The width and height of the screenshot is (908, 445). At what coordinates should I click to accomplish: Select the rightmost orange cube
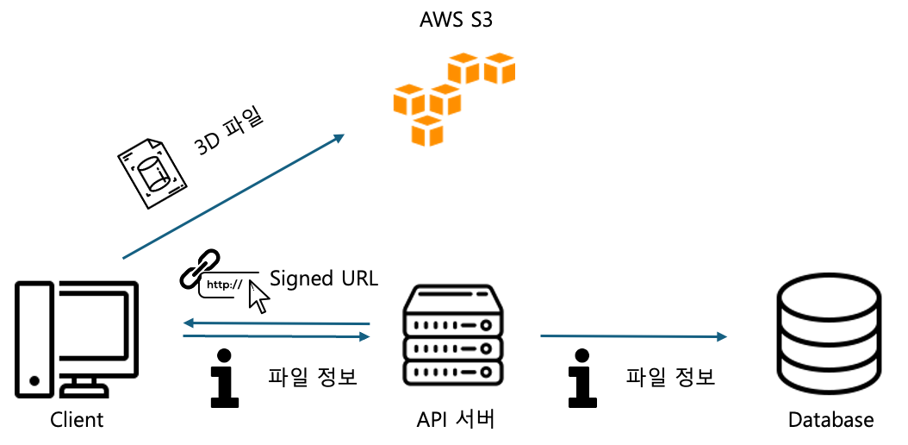click(x=499, y=70)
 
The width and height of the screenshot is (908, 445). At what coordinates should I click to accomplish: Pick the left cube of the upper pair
click(x=463, y=70)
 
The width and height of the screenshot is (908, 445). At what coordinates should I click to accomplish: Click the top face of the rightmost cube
click(x=499, y=58)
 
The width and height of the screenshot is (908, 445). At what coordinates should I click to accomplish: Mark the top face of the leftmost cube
click(x=408, y=89)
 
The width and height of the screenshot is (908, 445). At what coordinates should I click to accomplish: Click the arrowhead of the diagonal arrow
click(x=340, y=136)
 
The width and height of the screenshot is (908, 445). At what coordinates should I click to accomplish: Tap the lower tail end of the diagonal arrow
click(x=124, y=258)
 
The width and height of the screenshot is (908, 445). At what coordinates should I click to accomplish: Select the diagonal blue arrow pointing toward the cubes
click(x=233, y=197)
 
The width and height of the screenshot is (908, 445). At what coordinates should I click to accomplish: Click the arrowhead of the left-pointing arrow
click(x=187, y=323)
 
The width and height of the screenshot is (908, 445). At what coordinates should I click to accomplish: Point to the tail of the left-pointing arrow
click(x=369, y=324)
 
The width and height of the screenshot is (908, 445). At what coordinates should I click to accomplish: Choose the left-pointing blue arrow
click(x=276, y=323)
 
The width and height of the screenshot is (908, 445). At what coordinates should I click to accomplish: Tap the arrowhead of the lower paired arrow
click(x=365, y=336)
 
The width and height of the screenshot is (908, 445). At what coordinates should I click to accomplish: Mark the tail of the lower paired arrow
click(x=184, y=335)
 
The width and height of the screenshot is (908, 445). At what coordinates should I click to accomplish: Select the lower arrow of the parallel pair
click(x=276, y=335)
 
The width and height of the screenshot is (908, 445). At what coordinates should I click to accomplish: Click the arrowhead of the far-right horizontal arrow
click(x=723, y=336)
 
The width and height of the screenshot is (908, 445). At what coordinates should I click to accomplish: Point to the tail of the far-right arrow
click(x=542, y=335)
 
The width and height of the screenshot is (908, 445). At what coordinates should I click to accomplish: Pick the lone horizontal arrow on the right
click(x=633, y=335)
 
